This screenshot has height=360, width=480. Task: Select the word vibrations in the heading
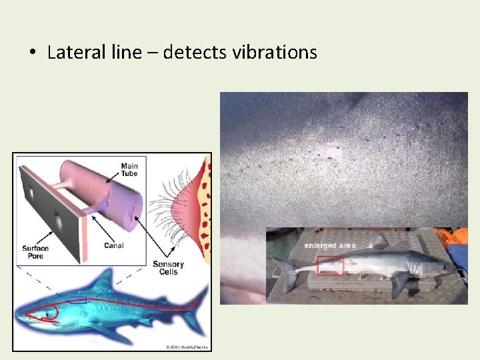click(x=275, y=52)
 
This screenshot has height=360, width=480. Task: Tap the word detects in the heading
click(x=195, y=52)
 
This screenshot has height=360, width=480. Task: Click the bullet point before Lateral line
click(x=32, y=53)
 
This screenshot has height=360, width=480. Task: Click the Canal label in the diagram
click(x=114, y=245)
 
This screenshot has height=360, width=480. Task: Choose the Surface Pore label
click(x=35, y=253)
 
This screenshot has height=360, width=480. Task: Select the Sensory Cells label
click(x=168, y=268)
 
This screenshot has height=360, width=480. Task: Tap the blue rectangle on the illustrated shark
click(x=78, y=300)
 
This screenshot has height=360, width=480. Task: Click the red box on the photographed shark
click(x=330, y=265)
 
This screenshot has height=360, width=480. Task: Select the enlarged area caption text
click(x=330, y=245)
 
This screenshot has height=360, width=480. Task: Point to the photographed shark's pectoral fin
click(x=398, y=283)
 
